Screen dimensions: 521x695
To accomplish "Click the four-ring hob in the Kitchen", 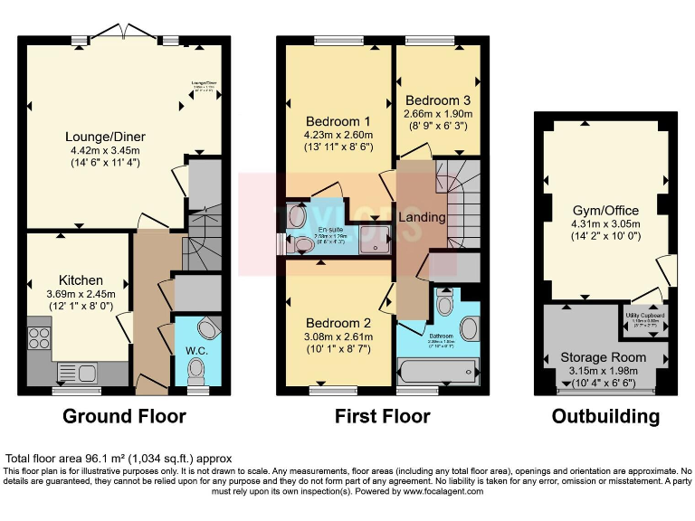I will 40,339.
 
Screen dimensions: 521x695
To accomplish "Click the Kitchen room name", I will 81,279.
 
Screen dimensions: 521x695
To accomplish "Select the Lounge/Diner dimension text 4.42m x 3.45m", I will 107,151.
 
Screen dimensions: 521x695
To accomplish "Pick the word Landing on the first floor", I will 422,217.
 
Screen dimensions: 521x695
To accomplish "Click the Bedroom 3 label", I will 438,99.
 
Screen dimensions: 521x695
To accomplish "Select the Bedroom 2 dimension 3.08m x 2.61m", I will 339,337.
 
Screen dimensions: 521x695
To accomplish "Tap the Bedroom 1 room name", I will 338,122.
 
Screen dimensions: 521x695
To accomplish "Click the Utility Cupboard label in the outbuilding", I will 646,316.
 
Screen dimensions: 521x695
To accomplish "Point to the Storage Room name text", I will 604,357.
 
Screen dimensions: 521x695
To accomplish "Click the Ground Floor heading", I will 124,417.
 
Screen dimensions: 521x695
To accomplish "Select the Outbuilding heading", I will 605,417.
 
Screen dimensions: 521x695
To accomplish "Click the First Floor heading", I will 383,417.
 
